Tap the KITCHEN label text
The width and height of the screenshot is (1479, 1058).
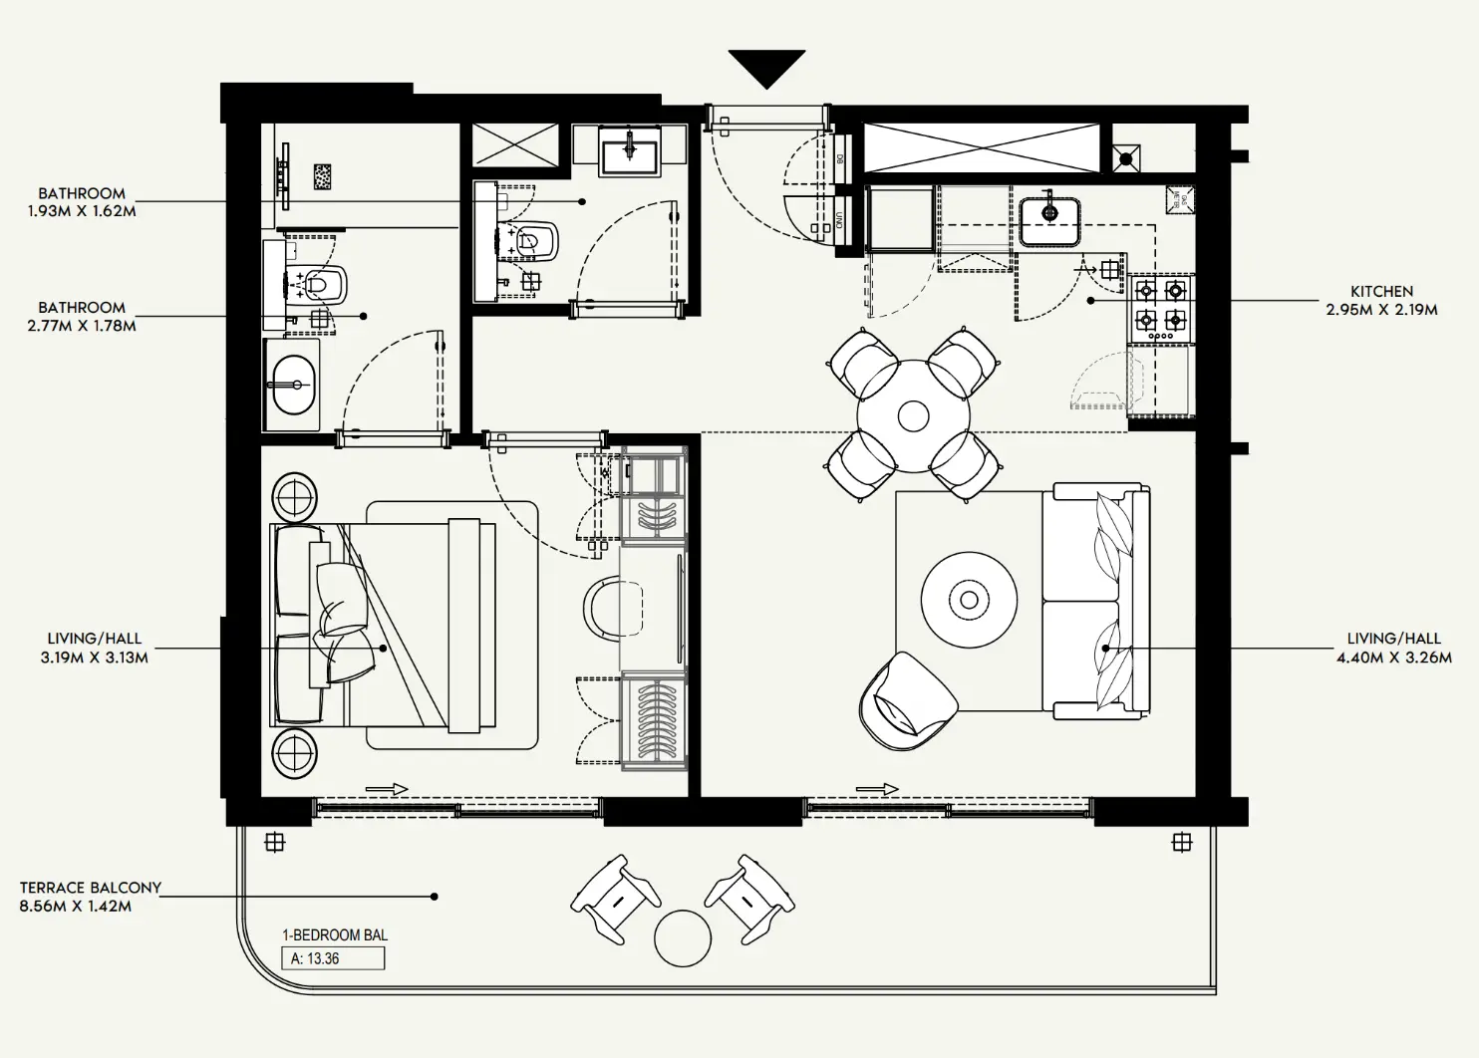[1381, 291]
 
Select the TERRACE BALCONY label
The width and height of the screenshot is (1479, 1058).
[90, 888]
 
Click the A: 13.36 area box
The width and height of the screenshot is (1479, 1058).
[333, 958]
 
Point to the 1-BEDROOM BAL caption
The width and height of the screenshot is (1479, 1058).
[335, 935]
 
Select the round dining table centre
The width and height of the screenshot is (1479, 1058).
[913, 414]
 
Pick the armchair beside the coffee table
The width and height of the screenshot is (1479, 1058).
[906, 702]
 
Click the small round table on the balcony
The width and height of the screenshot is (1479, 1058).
[683, 936]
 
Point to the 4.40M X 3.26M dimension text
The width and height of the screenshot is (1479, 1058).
[1393, 658]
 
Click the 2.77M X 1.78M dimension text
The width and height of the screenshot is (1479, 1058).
[82, 326]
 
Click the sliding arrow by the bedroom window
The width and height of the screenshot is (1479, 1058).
[387, 789]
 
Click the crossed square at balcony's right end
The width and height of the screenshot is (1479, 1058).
[1182, 843]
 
